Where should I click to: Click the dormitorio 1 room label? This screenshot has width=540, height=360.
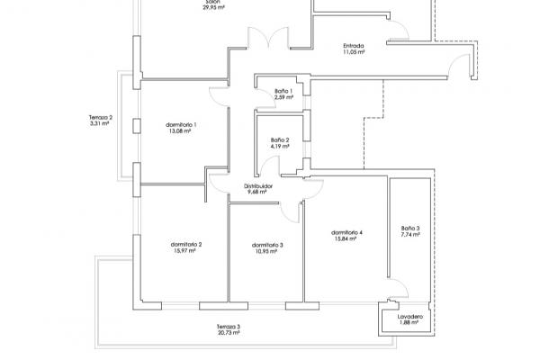coord(181,125)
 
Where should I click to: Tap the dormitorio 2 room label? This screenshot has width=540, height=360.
coord(186,245)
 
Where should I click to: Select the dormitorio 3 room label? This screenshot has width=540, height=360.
coord(267,246)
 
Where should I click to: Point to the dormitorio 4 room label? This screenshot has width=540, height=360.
coord(346,233)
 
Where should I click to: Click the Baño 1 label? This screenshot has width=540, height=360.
coord(283,91)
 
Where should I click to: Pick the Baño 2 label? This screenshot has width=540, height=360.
coord(280,140)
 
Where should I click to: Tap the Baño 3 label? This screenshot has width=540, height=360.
coord(410,229)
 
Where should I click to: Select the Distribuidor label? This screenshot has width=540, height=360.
coord(258,186)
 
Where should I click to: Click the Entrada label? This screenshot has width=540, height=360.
coord(354,46)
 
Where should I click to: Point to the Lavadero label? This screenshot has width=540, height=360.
coord(410,317)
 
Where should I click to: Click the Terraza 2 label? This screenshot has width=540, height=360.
coord(101,118)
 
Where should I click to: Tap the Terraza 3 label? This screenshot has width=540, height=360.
coord(229,327)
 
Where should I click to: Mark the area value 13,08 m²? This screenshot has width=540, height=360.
coord(180,130)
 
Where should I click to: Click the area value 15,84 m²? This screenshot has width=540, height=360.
coord(346,238)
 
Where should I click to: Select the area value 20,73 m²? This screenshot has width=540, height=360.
coord(229,333)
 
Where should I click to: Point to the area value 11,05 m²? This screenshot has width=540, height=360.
coord(354,52)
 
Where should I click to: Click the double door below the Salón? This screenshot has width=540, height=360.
coord(268,39)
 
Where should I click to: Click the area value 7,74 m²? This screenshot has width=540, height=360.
coord(410,235)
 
